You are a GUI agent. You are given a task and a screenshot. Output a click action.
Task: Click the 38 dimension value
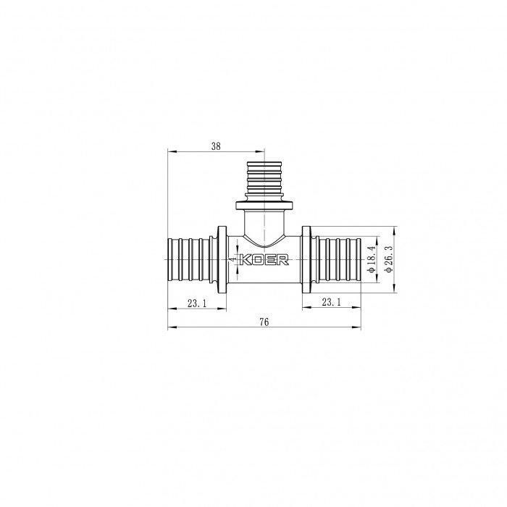216,146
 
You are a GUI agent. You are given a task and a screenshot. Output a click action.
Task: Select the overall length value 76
263,322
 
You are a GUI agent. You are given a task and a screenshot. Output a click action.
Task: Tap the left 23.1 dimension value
196,303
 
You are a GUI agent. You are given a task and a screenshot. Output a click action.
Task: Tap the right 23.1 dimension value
331,303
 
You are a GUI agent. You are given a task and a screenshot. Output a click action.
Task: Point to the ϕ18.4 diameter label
370,259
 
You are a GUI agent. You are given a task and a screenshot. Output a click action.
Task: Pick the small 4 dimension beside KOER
233,256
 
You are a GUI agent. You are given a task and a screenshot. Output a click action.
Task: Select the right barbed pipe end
338,259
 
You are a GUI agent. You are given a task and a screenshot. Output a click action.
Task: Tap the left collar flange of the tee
219,259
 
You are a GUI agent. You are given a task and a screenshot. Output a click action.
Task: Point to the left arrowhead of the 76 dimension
170,328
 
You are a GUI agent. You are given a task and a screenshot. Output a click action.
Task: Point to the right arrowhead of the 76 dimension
359,328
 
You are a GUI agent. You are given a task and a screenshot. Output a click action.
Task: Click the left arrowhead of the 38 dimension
170,151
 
